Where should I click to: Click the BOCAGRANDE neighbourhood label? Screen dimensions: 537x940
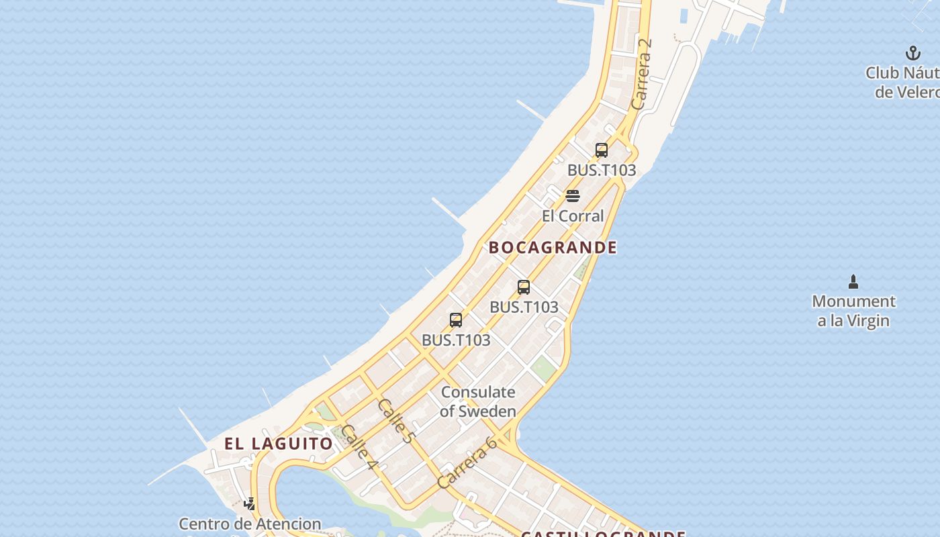click(553, 247)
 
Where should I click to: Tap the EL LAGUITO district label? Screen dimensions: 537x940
click(279, 444)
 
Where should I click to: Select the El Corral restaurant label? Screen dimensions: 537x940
click(573, 216)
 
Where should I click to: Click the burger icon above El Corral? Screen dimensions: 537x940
click(573, 196)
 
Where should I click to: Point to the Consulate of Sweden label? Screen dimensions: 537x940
click(478, 401)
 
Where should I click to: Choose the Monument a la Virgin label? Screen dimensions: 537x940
click(853, 311)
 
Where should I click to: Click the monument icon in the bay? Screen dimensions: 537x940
click(853, 281)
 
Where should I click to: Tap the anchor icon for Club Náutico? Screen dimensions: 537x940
click(912, 53)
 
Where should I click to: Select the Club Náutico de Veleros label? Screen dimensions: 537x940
click(903, 82)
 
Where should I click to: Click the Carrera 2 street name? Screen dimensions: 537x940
click(642, 74)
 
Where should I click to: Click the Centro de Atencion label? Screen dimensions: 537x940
click(250, 524)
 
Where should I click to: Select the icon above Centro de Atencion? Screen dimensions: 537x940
click(250, 503)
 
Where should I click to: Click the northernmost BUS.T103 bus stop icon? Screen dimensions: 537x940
click(602, 150)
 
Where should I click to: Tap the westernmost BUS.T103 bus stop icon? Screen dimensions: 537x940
click(456, 320)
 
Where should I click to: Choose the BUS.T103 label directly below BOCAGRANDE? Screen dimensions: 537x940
click(524, 307)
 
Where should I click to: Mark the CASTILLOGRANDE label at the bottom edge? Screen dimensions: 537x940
click(603, 534)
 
